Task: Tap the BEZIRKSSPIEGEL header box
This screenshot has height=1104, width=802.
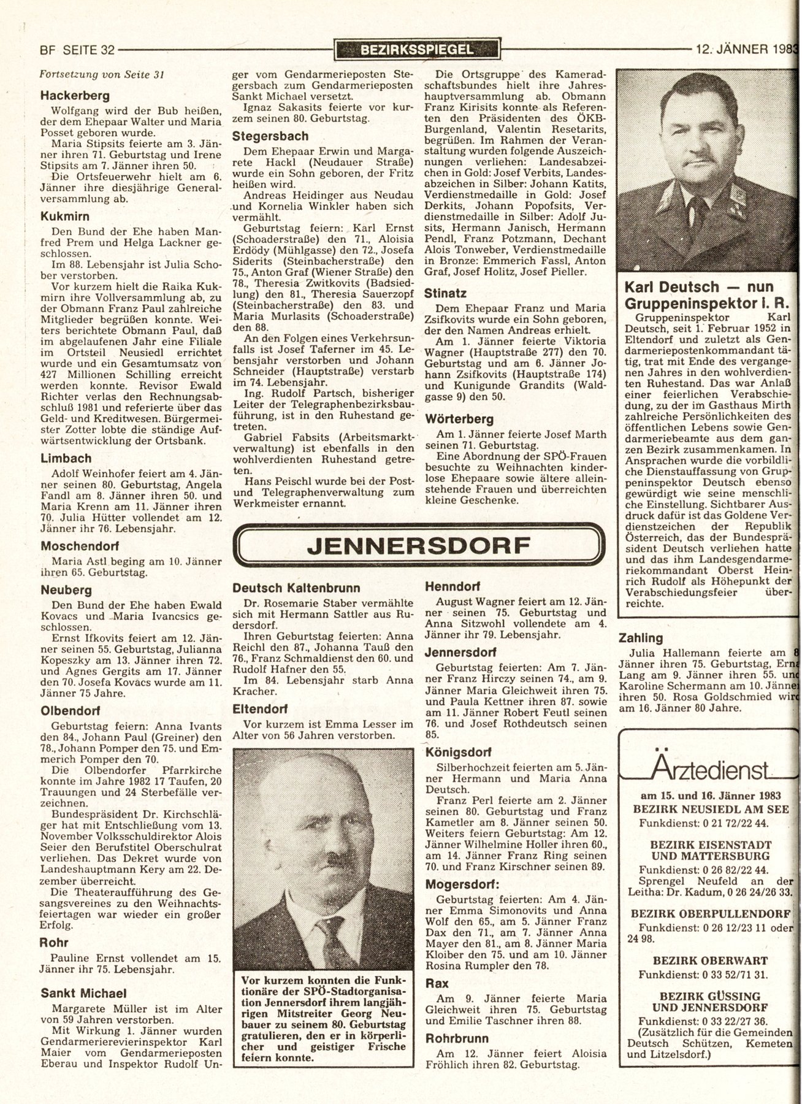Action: (x=418, y=50)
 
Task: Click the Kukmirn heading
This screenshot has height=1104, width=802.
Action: (x=65, y=216)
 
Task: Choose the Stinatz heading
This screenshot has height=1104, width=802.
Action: (x=445, y=293)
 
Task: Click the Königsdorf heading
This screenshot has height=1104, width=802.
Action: (x=457, y=752)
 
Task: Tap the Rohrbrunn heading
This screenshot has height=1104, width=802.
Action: (x=457, y=1038)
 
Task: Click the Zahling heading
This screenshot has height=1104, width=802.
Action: (x=641, y=638)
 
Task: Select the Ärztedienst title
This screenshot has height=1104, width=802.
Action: (x=711, y=767)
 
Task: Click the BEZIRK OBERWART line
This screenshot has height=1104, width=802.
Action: (x=711, y=959)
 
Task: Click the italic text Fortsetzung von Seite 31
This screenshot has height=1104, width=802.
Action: (x=101, y=75)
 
